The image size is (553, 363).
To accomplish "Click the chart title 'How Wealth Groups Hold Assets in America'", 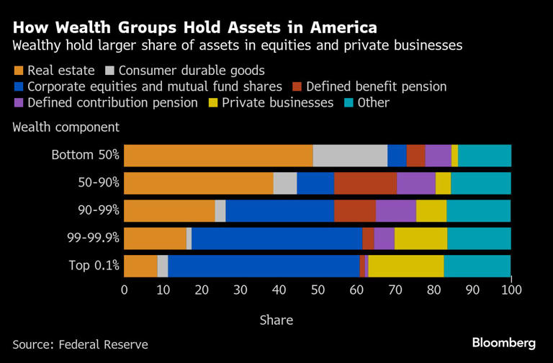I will (194, 27).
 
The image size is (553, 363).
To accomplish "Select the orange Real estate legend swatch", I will (18, 71).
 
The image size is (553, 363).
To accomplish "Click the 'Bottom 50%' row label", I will (85, 155).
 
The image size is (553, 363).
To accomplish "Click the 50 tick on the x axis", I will (318, 290).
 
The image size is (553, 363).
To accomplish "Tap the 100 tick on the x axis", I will (510, 290).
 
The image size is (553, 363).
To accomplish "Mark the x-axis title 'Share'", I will (276, 320).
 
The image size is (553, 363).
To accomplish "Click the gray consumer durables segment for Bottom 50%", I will (350, 155).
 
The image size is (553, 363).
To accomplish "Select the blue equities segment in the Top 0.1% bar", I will (264, 265).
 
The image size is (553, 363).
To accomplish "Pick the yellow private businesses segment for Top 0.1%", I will (406, 265).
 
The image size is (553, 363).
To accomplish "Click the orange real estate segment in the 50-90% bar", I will (199, 183).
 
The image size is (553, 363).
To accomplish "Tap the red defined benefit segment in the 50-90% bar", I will (365, 183).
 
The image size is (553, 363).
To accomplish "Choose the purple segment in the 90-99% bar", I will (395, 210).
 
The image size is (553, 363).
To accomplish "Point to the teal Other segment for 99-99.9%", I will (479, 238).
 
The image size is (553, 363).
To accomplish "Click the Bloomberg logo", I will (503, 342).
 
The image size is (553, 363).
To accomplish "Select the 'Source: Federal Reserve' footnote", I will (80, 344).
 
